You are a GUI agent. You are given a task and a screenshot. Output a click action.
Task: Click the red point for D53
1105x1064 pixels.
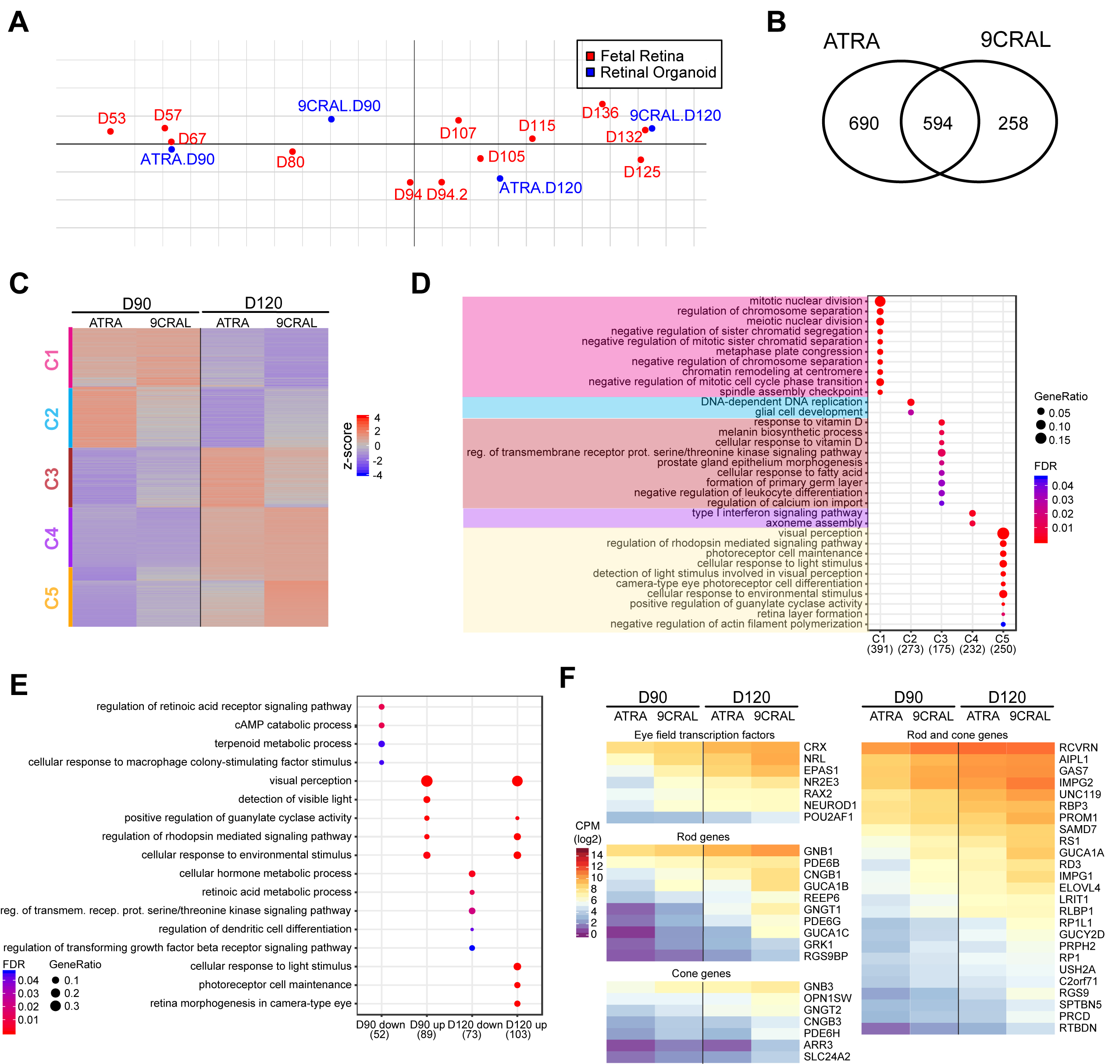(110, 131)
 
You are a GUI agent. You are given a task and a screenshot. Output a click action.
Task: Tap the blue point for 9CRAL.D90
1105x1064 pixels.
(331, 119)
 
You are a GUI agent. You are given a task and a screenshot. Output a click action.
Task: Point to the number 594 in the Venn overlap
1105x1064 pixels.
(937, 124)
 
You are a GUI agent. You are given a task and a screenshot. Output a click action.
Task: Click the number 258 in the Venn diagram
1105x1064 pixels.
(1013, 124)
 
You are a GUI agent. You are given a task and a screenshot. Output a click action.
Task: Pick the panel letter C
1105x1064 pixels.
(19, 284)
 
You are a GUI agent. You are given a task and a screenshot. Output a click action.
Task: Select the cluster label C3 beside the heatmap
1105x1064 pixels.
(52, 479)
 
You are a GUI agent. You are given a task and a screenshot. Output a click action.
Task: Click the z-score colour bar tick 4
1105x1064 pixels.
(377, 418)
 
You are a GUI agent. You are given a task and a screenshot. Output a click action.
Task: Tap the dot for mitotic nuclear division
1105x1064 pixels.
(880, 301)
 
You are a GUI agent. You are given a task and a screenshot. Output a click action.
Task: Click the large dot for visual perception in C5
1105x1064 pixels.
(1003, 533)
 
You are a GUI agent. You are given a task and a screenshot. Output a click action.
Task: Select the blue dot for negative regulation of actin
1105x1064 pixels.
(1003, 624)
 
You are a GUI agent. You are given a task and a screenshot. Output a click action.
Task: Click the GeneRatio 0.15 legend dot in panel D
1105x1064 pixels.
(1041, 439)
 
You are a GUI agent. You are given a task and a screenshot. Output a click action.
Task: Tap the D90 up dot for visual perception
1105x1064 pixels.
(427, 781)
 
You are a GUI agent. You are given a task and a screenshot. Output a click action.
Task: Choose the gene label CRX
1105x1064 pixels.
(815, 747)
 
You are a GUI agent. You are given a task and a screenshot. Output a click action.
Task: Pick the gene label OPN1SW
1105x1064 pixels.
(827, 998)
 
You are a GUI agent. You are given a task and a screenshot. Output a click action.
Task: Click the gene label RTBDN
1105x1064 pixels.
(1077, 1027)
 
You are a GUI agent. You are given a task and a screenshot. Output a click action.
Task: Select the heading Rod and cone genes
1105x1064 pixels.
(957, 735)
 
